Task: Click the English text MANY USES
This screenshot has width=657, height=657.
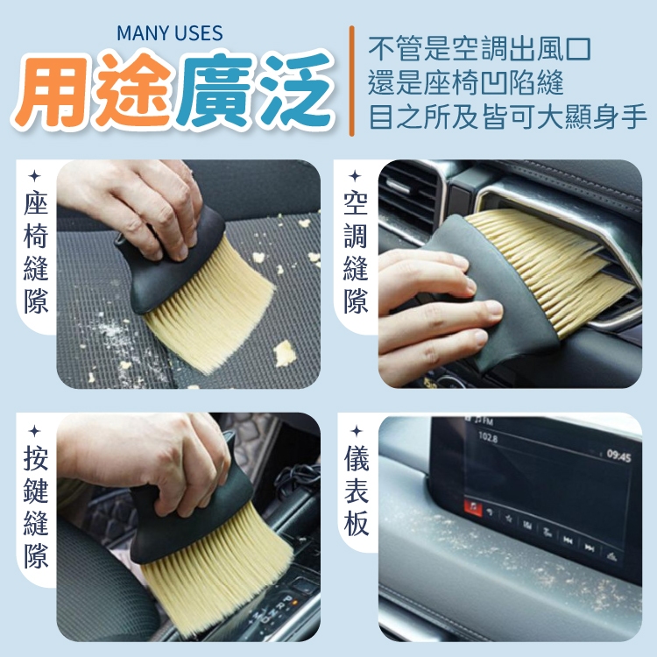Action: tap(170, 33)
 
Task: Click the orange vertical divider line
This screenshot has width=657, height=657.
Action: tap(351, 81)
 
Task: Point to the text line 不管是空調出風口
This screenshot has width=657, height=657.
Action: tap(480, 49)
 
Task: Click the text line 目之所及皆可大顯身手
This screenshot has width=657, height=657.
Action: tap(508, 117)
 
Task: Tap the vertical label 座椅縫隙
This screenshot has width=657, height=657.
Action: tap(36, 252)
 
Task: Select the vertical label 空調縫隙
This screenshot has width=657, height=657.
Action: tap(356, 252)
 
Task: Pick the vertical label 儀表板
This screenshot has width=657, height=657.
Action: tap(357, 491)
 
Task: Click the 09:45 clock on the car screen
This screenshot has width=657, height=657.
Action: tap(618, 456)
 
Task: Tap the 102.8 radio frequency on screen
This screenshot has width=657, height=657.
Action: tap(488, 438)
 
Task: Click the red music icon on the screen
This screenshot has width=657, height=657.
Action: tap(473, 507)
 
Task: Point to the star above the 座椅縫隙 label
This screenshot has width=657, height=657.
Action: tap(35, 176)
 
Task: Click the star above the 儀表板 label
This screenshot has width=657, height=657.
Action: tap(357, 431)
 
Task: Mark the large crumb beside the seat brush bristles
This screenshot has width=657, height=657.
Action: tap(285, 353)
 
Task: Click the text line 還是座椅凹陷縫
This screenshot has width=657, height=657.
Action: tap(466, 83)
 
